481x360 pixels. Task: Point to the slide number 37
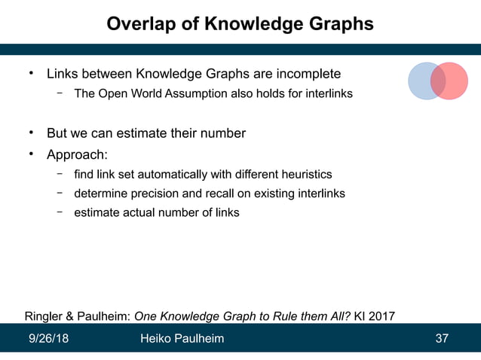[443, 339]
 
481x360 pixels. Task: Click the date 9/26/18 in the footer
[48, 339]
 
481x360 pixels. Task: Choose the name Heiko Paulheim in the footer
[182, 339]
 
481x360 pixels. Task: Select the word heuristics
[305, 175]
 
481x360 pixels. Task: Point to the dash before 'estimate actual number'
[59, 212]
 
